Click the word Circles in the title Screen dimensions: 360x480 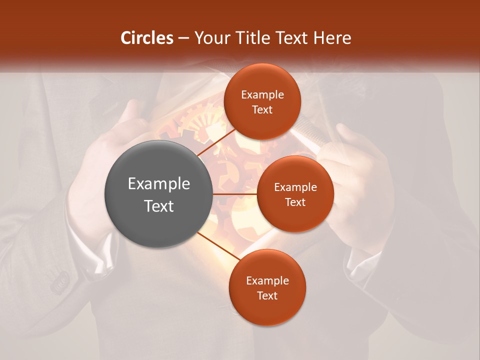(x=147, y=38)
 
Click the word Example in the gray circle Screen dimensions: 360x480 (x=159, y=184)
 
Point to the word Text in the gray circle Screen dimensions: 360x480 (x=159, y=206)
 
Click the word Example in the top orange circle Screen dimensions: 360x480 (x=262, y=95)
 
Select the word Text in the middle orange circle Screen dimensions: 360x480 (x=295, y=202)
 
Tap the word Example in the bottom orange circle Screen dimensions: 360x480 (x=267, y=281)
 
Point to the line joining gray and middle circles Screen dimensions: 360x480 (x=235, y=194)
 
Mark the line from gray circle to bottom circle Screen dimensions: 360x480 (x=218, y=246)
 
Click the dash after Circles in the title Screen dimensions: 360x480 (x=183, y=38)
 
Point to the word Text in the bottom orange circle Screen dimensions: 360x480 (x=267, y=296)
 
